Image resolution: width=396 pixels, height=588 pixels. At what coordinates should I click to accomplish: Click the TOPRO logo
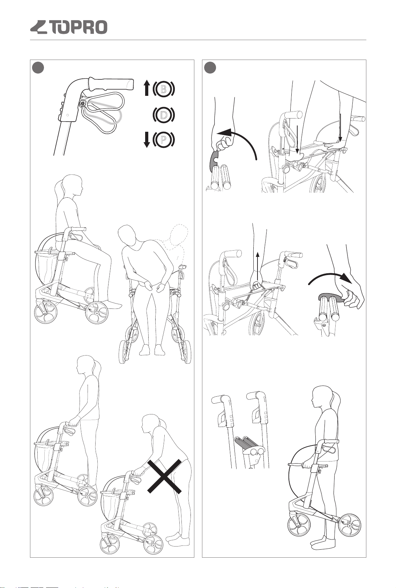coord(69,27)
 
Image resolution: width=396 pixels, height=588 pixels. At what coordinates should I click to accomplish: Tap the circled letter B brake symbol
coord(163,89)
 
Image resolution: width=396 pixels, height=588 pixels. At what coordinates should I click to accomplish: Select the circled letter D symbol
coord(163,115)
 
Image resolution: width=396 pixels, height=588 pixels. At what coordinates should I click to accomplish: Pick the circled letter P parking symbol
coord(163,139)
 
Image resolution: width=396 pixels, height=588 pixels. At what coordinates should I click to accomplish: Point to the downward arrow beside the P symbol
coord(147,140)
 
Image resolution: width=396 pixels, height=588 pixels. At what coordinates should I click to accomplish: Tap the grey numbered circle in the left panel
coord(38,68)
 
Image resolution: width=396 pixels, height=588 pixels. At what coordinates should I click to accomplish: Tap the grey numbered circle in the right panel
coord(210,68)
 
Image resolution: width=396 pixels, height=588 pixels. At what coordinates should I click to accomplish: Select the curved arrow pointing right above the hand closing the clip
coord(330,276)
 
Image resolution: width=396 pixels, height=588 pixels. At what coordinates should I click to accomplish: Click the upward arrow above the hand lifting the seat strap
coord(257,266)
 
